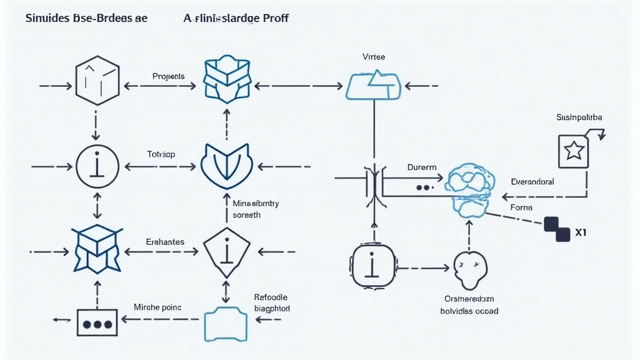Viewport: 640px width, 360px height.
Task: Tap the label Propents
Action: tap(168, 76)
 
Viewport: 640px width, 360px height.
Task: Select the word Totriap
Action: tap(161, 154)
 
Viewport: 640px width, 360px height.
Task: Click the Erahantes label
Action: tap(165, 241)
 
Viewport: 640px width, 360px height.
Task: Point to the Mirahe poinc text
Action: tap(157, 307)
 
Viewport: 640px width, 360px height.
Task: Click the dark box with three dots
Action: tap(97, 323)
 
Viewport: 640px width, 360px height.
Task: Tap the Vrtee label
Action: tap(374, 57)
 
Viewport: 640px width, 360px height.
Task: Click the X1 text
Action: tap(581, 233)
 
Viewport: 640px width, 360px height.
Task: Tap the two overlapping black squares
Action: tap(556, 229)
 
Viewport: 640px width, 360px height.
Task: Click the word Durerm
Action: tap(422, 167)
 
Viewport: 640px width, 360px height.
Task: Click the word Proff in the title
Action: tap(276, 18)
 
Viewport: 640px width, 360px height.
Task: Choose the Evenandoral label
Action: tap(532, 182)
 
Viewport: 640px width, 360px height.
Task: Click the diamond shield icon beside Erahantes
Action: tap(227, 251)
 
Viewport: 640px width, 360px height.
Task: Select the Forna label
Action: tap(521, 207)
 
